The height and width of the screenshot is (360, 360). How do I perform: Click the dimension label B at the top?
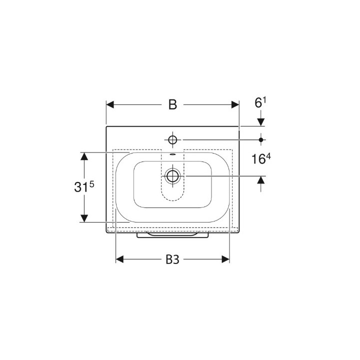click(172, 104)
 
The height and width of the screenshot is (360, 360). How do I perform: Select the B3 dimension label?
click(172, 260)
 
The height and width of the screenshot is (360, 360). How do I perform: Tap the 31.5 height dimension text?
click(84, 187)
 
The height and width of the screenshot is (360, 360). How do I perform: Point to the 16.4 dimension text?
click(261, 158)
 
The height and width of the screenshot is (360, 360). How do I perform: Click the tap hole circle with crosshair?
click(172, 139)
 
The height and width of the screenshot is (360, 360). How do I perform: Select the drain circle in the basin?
click(172, 176)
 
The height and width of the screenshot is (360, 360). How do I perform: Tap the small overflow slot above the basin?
click(172, 154)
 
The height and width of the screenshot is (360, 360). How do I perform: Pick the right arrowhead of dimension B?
click(235, 104)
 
